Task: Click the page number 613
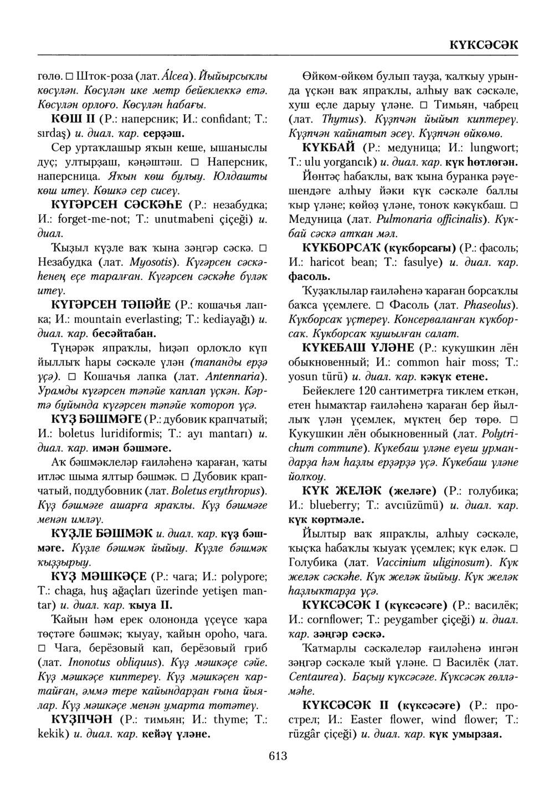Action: click(x=276, y=755)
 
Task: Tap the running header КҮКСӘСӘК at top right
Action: click(x=484, y=45)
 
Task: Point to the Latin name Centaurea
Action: click(x=315, y=677)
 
